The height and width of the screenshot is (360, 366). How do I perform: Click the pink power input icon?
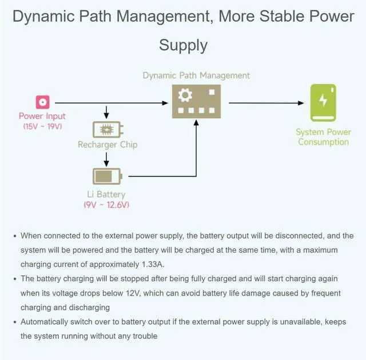coord(42,103)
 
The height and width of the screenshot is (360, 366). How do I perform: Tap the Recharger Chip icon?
coord(107,130)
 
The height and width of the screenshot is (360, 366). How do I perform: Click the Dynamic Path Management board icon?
coord(196,102)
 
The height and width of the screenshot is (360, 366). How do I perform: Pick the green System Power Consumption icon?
coord(323,103)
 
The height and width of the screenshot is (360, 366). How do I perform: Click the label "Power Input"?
coord(42,117)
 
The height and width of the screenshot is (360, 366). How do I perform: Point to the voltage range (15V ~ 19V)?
coord(42,126)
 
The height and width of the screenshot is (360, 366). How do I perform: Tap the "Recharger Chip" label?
coord(108,145)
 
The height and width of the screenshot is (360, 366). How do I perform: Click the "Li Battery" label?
coord(106,195)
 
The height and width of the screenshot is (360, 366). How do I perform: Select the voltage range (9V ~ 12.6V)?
coord(106,205)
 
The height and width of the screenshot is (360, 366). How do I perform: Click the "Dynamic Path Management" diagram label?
coord(196,75)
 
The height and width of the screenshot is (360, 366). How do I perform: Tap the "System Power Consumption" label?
coord(323,137)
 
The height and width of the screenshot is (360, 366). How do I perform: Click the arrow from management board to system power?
coord(266,103)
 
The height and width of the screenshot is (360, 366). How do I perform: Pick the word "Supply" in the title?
coord(183,45)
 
